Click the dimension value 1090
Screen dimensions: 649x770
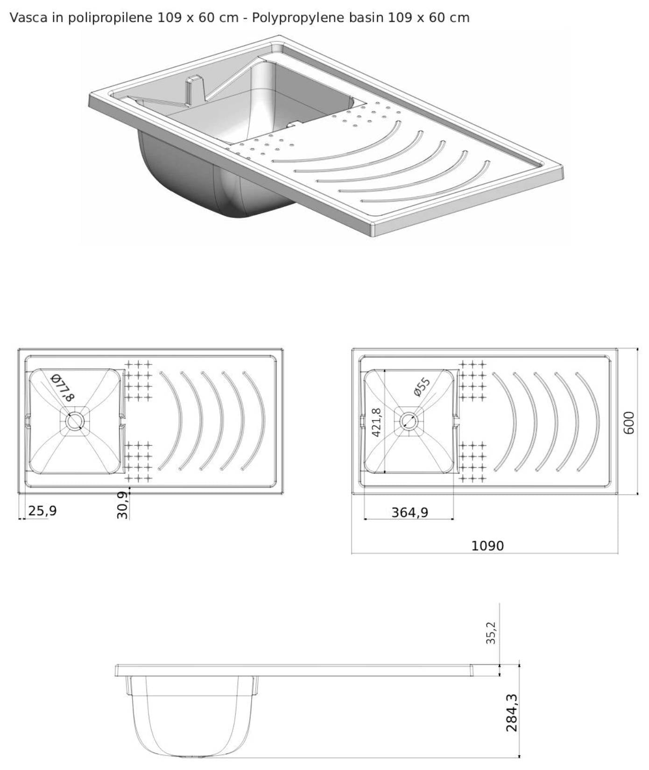coord(487,546)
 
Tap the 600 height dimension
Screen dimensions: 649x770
coord(629,422)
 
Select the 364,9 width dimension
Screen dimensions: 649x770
coord(409,512)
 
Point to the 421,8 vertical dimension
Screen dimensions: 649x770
coord(376,422)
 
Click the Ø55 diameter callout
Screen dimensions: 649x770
coord(422,387)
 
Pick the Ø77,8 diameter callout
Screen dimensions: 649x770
coord(62,387)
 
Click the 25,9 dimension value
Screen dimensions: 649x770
coord(42,511)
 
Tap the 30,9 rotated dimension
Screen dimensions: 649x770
coord(122,505)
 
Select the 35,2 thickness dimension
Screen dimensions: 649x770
coord(491,633)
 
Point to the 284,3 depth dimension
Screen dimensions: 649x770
coord(512,713)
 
